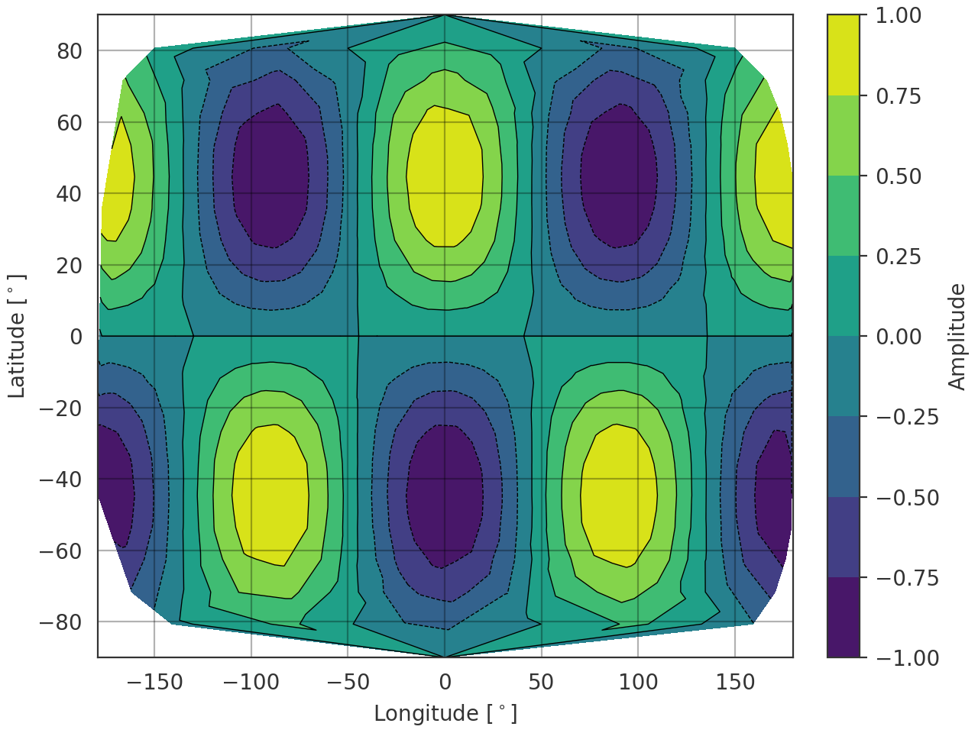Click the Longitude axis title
coord(445,713)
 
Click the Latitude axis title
coord(17,336)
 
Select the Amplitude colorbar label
coord(957,336)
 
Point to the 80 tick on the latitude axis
coord(69,51)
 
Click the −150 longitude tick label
coord(154,682)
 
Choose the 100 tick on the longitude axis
coord(638,682)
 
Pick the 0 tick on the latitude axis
coord(76,337)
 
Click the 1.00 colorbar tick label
coord(898,15)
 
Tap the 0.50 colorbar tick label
coord(898,176)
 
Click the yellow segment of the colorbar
coord(843,55)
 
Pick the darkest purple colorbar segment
coord(843,617)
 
